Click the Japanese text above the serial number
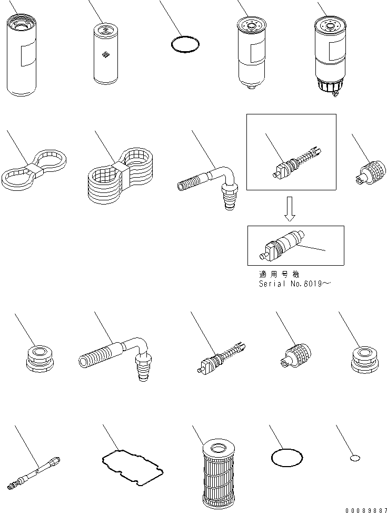tap(280, 274)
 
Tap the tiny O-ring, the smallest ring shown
tap(354, 459)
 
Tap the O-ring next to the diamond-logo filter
tap(186, 45)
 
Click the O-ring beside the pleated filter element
tap(287, 458)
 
